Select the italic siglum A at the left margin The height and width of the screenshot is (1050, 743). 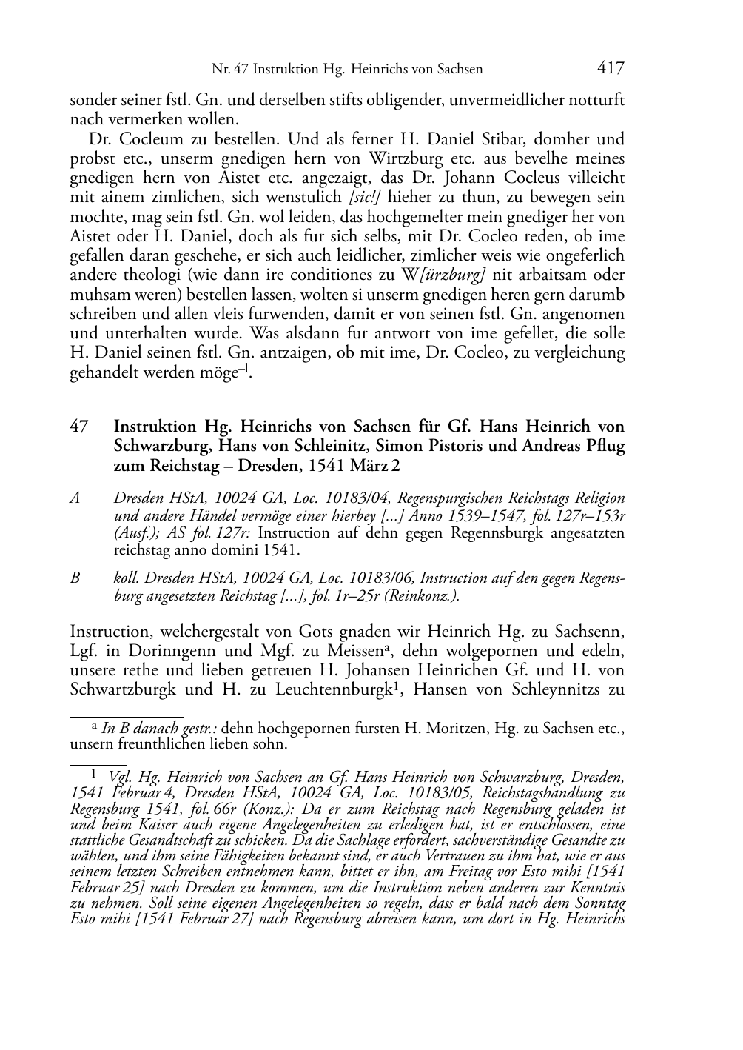point(75,498)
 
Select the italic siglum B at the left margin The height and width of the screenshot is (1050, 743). point(75,578)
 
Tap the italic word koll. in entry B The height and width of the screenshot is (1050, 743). point(125,578)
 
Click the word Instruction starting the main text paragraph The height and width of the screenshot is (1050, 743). point(110,632)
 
